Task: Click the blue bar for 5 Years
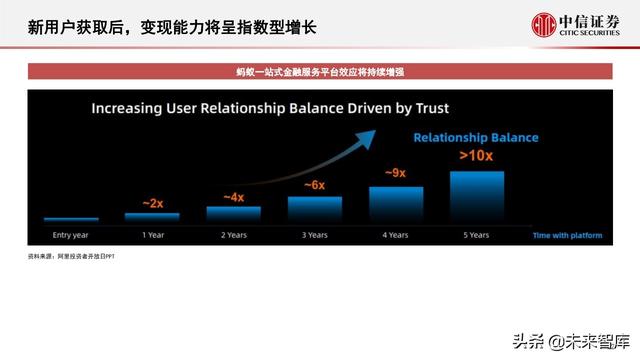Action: point(476,194)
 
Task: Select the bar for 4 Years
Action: point(396,202)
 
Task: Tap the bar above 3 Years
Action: point(315,207)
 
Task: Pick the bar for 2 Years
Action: point(233,212)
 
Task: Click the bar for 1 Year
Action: point(152,215)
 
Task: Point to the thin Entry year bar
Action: point(70,218)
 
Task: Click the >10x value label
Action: point(476,155)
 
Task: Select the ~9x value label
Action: point(395,172)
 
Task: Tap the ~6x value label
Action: point(315,184)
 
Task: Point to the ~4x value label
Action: point(233,196)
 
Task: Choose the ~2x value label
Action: point(152,203)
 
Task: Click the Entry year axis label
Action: point(70,235)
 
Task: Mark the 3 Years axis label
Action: point(315,235)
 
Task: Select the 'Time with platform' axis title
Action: point(568,235)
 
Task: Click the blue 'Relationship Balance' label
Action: point(476,138)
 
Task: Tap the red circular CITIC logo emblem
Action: point(544,24)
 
